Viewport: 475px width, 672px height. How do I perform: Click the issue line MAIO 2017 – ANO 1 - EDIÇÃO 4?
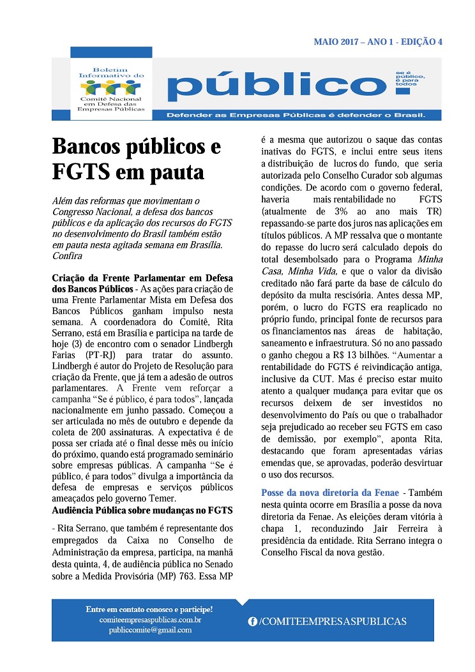click(378, 42)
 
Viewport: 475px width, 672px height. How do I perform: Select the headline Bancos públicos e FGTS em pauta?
click(137, 159)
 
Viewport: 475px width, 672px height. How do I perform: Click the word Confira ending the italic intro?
click(68, 255)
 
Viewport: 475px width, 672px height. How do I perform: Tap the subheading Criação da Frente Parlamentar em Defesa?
click(142, 278)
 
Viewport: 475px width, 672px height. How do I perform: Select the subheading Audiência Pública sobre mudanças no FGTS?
click(142, 510)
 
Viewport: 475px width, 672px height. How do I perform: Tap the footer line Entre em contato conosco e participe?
click(149, 609)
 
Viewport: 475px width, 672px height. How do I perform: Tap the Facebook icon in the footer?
click(252, 621)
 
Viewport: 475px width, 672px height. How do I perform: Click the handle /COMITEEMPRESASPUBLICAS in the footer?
click(333, 621)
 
